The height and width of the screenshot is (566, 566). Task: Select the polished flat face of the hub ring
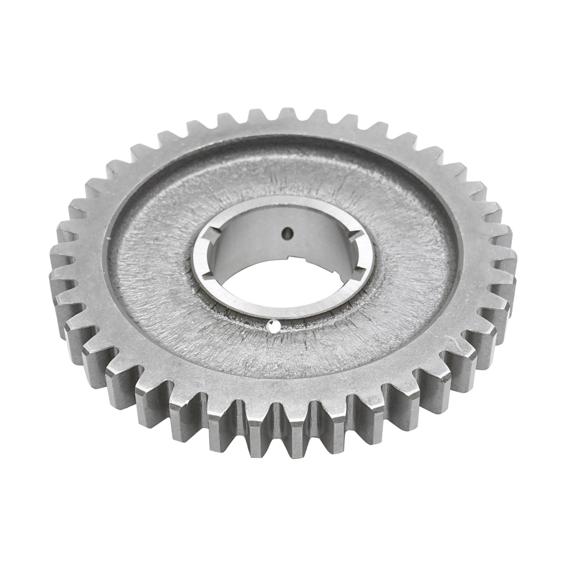[x=307, y=311]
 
